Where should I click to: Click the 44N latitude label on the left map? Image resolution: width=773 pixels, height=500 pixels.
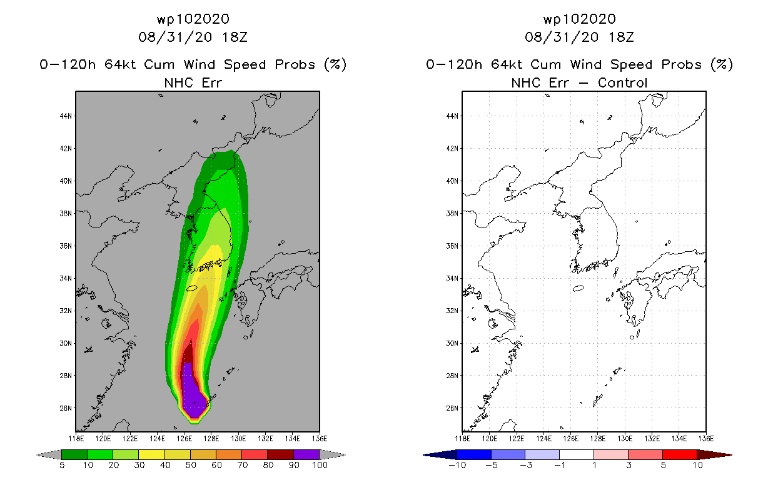(66, 116)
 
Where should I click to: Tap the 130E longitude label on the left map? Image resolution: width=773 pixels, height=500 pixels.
(238, 439)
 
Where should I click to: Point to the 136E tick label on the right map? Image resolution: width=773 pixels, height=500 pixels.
(705, 439)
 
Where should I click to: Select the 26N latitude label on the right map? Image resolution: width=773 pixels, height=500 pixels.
(452, 408)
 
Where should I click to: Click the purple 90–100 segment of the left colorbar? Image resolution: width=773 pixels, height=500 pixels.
(306, 454)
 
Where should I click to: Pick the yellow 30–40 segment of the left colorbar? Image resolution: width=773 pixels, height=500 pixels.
(151, 454)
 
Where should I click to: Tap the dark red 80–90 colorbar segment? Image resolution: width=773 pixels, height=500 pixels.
(281, 454)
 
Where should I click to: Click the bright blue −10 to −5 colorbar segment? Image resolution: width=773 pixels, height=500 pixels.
(474, 454)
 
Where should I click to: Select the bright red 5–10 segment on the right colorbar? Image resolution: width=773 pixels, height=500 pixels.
(680, 454)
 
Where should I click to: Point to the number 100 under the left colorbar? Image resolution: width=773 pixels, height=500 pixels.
(320, 465)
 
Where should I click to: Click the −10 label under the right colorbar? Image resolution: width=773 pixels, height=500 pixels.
(457, 465)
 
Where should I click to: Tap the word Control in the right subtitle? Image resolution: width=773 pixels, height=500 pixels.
(622, 82)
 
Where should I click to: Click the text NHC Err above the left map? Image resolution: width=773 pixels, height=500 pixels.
(193, 82)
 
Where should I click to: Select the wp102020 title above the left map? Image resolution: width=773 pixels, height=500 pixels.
(193, 19)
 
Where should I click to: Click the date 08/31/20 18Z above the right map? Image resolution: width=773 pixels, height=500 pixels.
(579, 37)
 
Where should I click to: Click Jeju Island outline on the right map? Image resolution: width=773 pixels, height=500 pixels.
(578, 288)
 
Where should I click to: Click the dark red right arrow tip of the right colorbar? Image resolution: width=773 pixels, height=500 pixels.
(731, 455)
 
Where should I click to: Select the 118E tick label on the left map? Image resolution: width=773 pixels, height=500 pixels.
(76, 439)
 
